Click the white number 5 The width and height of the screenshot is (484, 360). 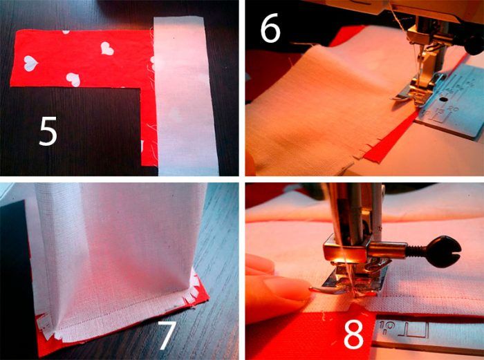tap(48, 131)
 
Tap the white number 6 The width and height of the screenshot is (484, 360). tap(271, 28)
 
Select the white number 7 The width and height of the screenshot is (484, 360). tap(167, 335)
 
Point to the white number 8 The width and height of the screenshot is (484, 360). tap(354, 334)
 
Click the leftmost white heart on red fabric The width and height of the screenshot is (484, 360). tap(30, 64)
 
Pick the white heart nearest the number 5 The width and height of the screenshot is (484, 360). tap(73, 79)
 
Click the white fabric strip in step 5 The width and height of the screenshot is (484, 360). tap(185, 95)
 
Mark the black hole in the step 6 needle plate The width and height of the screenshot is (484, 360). tap(444, 100)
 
